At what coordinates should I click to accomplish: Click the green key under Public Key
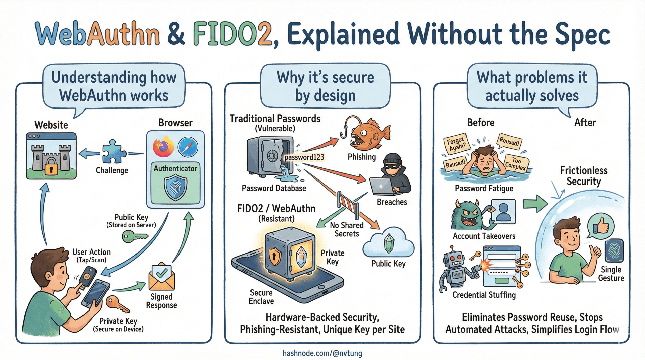pos(134,236)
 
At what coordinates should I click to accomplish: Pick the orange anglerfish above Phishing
pos(368,134)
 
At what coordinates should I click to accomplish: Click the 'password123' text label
pos(304,157)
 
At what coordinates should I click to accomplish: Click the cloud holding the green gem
pos(388,244)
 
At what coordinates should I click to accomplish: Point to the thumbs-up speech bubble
pos(601,227)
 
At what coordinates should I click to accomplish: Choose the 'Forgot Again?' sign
pos(456,144)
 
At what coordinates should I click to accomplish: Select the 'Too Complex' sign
pos(516,163)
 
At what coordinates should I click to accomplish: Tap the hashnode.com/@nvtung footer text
pos(322,353)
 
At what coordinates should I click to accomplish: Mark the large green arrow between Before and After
pos(535,203)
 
